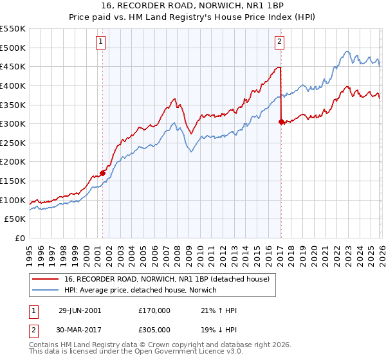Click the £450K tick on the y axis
pyautogui.click(x=13, y=66)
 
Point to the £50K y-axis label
pyautogui.click(x=15, y=219)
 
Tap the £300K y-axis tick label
pyautogui.click(x=13, y=123)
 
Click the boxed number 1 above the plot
pyautogui.click(x=102, y=42)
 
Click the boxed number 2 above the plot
pyautogui.click(x=280, y=42)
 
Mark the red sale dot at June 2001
pyautogui.click(x=102, y=173)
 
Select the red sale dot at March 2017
pyautogui.click(x=281, y=121)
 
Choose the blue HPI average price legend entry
pyautogui.click(x=141, y=290)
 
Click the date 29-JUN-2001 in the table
pyautogui.click(x=80, y=310)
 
